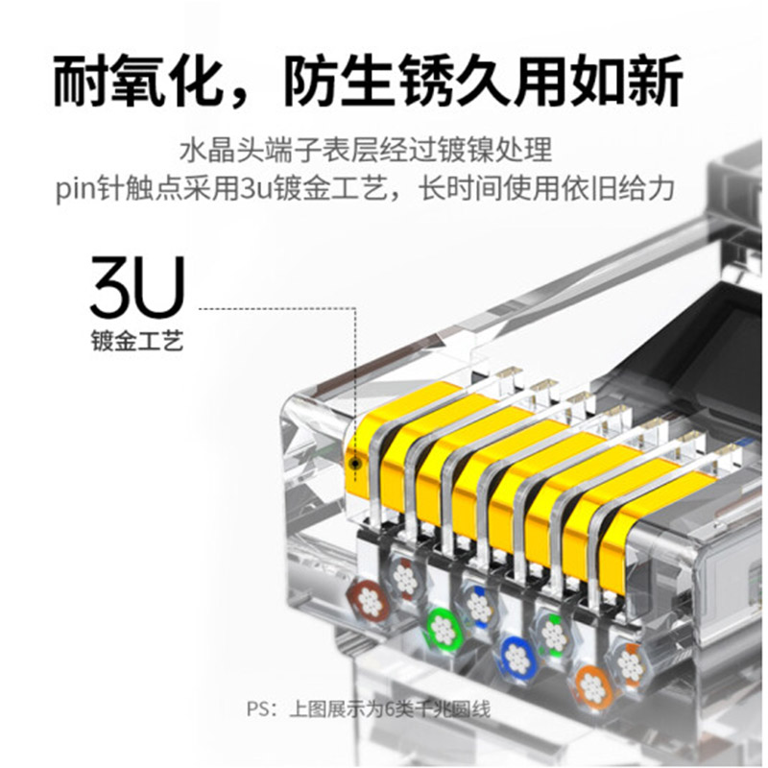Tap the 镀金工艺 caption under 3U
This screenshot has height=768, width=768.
coord(137,341)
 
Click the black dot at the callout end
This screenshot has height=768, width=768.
coord(354,463)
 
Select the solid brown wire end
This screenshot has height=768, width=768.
coord(370,598)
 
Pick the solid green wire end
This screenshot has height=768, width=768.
coord(444,629)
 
